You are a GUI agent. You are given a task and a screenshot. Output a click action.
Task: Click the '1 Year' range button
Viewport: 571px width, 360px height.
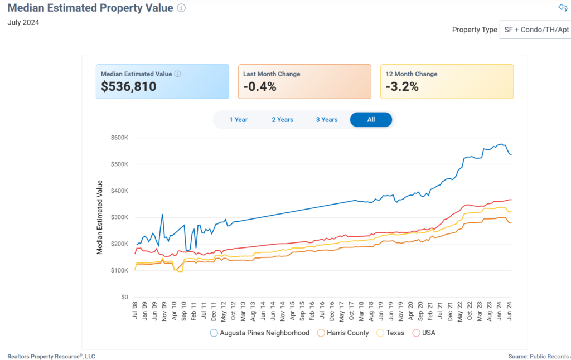point(238,120)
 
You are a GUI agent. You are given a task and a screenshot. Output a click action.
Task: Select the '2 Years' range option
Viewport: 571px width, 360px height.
point(282,120)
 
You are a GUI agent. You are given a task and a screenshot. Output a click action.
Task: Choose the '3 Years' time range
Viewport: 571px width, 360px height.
point(327,120)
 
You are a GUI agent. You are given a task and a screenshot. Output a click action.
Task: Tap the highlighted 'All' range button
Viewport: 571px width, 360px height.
point(371,120)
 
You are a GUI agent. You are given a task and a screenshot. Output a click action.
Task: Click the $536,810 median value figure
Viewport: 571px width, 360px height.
point(129,87)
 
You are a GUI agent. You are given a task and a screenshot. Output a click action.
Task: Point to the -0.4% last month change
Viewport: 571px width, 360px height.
point(260,87)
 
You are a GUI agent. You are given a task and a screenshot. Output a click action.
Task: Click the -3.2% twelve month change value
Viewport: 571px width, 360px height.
point(402,87)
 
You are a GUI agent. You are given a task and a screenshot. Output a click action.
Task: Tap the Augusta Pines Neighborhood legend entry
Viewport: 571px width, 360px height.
point(260,333)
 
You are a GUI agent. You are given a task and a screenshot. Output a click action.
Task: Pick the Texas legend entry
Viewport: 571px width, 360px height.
point(391,333)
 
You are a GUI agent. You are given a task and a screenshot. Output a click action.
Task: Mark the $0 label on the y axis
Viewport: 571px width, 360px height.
point(125,297)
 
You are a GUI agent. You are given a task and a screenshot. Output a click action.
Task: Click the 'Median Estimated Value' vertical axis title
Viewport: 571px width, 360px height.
point(100,217)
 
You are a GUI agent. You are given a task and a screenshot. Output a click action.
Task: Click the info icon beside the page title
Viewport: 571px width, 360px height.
point(181,8)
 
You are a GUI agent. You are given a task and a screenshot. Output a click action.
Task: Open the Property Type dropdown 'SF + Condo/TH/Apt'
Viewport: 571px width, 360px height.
point(535,30)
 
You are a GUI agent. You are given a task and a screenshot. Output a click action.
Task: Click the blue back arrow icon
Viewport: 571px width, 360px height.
point(562,8)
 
